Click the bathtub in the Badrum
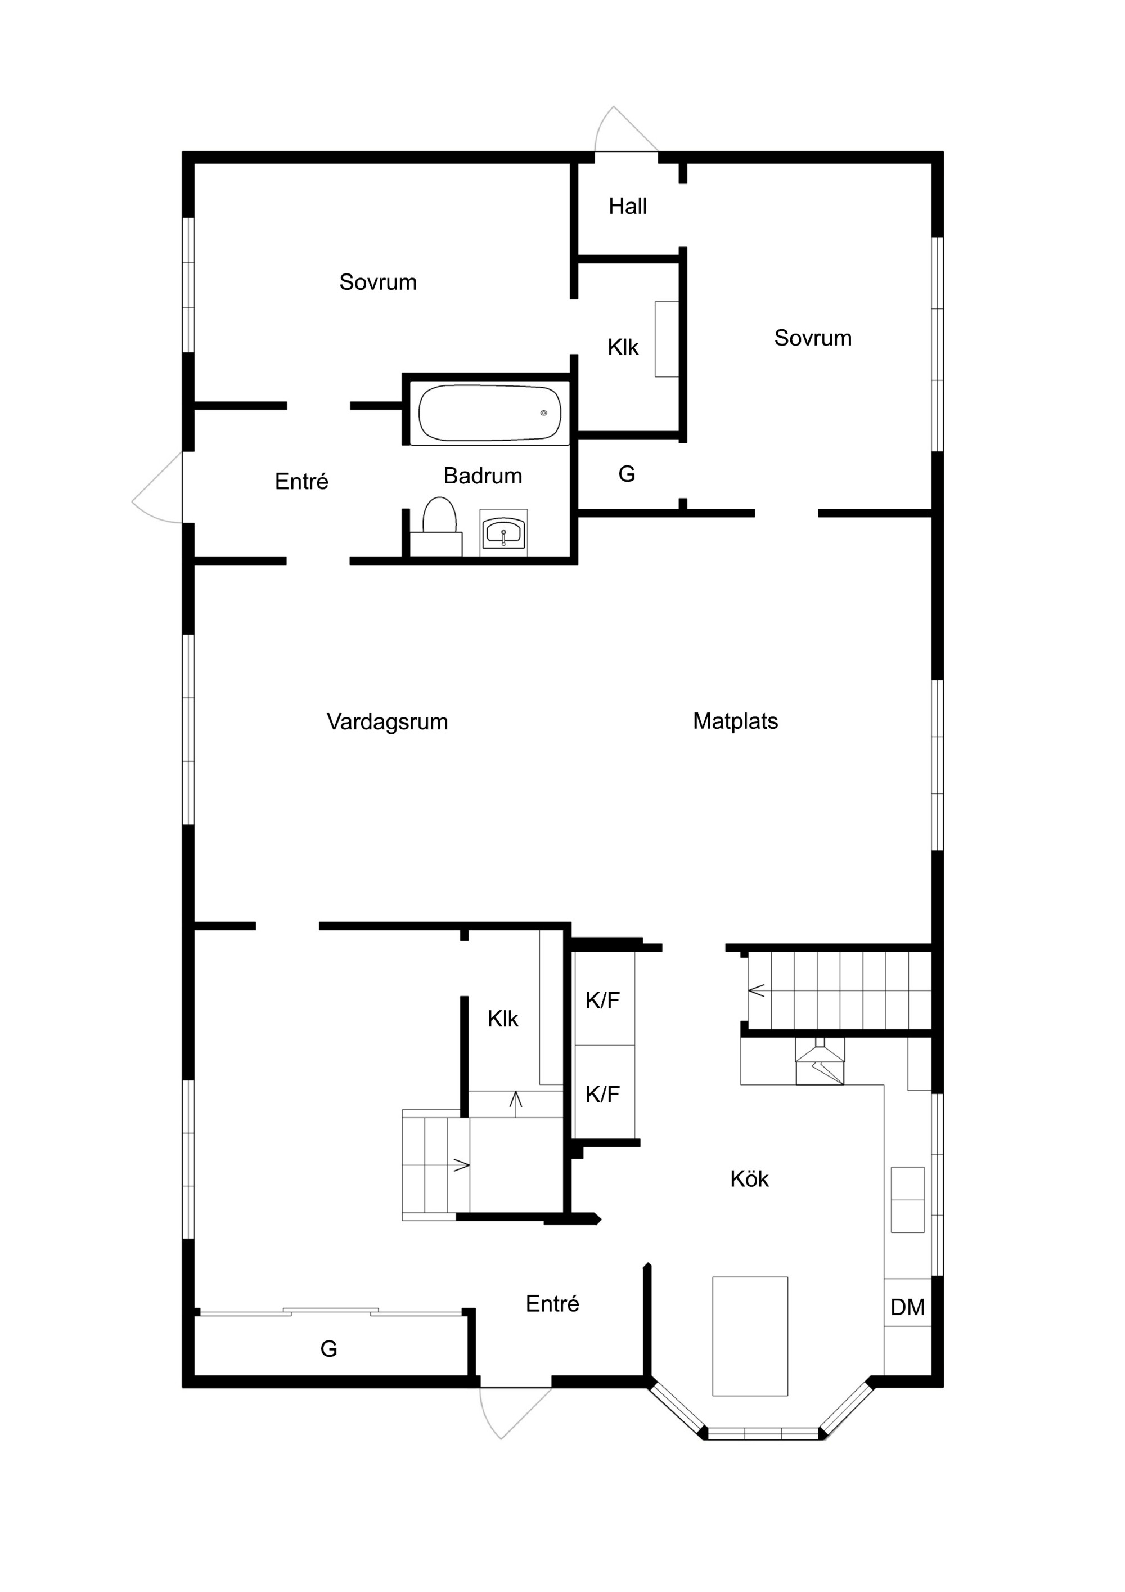click(489, 412)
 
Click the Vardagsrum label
click(387, 722)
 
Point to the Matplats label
click(735, 721)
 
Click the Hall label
click(627, 206)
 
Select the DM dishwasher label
click(907, 1307)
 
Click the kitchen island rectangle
click(750, 1336)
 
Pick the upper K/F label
click(602, 1000)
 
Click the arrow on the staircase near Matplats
click(756, 990)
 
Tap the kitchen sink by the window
click(907, 1200)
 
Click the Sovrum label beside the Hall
click(812, 338)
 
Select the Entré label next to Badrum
click(301, 481)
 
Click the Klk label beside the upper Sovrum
click(623, 347)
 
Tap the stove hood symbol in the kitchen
click(820, 1061)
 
